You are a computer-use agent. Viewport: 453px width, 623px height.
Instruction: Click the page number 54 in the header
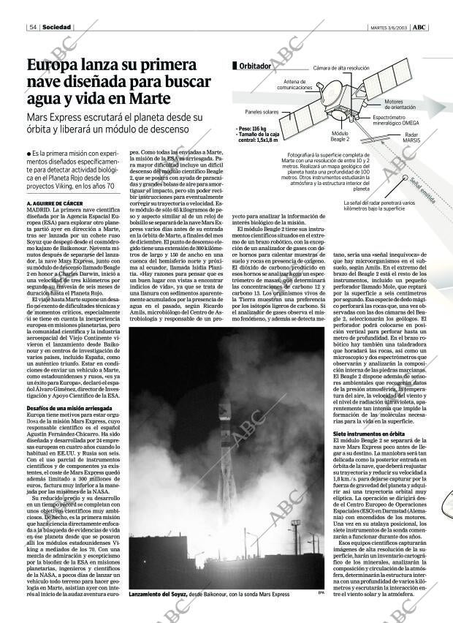[34, 28]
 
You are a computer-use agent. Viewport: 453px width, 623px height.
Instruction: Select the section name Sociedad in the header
[56, 28]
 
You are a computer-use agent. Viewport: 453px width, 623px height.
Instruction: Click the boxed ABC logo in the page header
[419, 28]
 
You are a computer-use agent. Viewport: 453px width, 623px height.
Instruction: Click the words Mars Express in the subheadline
[57, 117]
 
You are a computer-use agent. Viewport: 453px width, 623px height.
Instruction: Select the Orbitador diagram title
[256, 66]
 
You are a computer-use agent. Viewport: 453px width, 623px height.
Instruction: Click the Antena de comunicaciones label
[294, 84]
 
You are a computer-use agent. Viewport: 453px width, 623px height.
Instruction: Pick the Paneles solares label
[262, 112]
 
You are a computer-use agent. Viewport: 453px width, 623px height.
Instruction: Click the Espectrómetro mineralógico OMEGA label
[395, 120]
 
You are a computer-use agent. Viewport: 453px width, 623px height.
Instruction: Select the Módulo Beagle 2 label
[340, 136]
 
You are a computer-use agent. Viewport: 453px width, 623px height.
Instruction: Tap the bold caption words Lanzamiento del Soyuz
[158, 594]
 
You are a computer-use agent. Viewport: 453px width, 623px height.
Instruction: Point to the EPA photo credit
[320, 592]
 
